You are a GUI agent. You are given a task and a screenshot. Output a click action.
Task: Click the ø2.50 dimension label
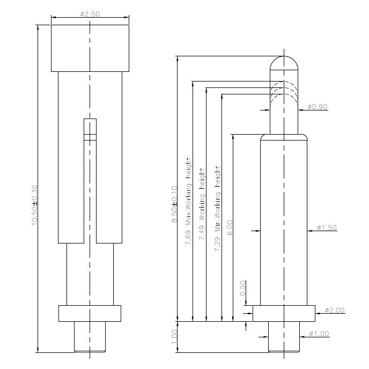[x=90, y=14]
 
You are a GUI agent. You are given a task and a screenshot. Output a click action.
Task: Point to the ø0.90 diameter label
[x=318, y=107]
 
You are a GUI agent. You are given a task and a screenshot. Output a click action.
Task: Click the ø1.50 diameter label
[x=327, y=228]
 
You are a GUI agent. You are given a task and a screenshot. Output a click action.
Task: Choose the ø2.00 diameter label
[x=335, y=310]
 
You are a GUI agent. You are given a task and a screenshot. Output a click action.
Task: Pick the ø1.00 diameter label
[x=319, y=334]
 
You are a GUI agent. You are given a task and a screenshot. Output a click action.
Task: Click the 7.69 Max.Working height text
[x=188, y=202]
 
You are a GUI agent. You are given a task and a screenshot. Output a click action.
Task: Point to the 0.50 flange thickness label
[x=242, y=289]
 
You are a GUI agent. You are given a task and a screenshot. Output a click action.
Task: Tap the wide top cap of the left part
[x=90, y=48]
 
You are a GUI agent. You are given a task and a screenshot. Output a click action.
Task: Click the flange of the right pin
[x=283, y=313]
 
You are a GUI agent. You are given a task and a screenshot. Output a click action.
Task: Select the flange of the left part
[x=90, y=313]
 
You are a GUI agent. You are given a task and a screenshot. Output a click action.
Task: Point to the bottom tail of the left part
[x=90, y=336]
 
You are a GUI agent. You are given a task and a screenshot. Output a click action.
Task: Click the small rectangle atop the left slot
[x=90, y=129]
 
